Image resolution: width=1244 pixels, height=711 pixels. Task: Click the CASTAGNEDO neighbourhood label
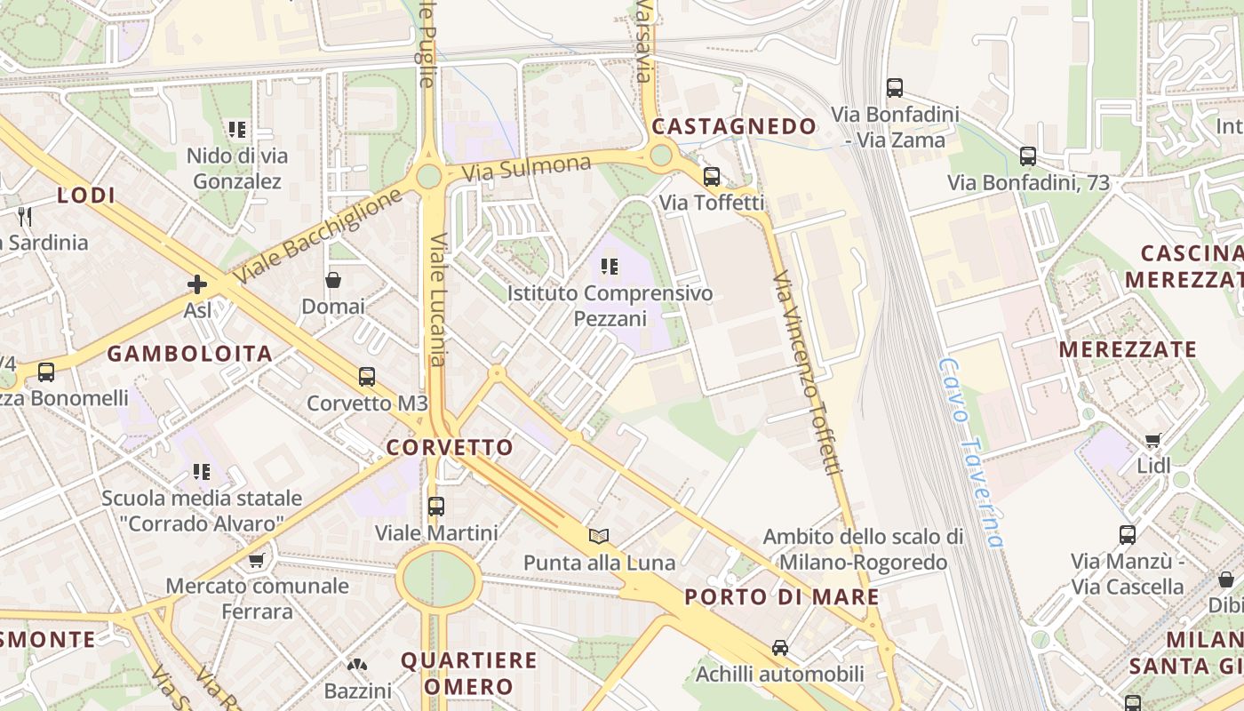pyautogui.click(x=734, y=126)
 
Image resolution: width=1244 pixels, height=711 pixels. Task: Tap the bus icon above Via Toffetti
pyautogui.click(x=711, y=176)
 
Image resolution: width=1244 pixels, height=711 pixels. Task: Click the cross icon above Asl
pyautogui.click(x=197, y=284)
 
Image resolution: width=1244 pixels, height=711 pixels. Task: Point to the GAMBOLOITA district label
pyautogui.click(x=189, y=354)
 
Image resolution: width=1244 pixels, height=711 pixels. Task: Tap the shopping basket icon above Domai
pyautogui.click(x=333, y=281)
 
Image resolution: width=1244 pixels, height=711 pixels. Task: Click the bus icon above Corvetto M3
pyautogui.click(x=367, y=377)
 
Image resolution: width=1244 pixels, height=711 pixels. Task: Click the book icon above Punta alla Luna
pyautogui.click(x=600, y=536)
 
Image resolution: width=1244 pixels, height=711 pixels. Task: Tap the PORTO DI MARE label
pyautogui.click(x=782, y=597)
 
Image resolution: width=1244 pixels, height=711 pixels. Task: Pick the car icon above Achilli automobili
pyautogui.click(x=780, y=647)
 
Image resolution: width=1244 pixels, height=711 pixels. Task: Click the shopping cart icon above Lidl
pyautogui.click(x=1153, y=440)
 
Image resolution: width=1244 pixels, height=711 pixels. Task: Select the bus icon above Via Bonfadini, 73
pyautogui.click(x=1028, y=156)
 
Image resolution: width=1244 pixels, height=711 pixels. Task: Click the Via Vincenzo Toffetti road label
pyautogui.click(x=807, y=373)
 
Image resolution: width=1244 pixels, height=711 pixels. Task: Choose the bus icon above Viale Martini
pyautogui.click(x=435, y=507)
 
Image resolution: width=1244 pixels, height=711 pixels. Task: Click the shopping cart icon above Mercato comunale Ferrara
pyautogui.click(x=257, y=560)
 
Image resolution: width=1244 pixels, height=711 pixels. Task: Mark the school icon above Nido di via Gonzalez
pyautogui.click(x=237, y=130)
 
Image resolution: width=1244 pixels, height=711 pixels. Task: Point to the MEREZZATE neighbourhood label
pyautogui.click(x=1128, y=350)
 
